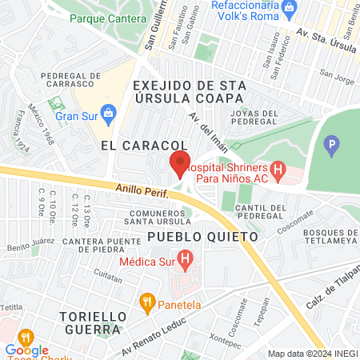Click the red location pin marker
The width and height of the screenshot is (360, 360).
[179, 162]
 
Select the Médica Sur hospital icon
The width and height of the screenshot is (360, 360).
[186, 260]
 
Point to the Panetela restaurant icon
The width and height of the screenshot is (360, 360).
[146, 302]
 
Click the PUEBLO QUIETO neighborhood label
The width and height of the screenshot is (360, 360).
[202, 238]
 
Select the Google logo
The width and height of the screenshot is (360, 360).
[26, 350]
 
